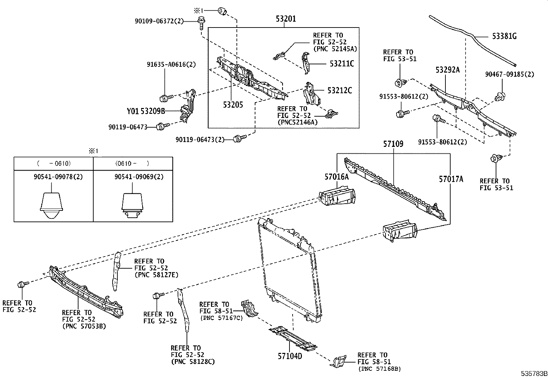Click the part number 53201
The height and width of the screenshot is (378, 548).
285,19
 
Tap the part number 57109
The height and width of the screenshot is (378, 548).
393,144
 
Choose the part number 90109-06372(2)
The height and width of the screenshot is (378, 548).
159,21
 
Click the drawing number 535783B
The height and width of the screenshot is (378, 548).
534,374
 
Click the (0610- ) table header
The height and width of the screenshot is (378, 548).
133,163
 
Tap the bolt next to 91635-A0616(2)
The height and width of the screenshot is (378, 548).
164,98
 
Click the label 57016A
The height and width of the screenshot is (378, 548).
336,177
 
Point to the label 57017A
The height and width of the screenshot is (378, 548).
451,179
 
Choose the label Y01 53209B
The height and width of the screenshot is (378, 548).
146,111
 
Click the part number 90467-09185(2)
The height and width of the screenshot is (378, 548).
509,74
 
